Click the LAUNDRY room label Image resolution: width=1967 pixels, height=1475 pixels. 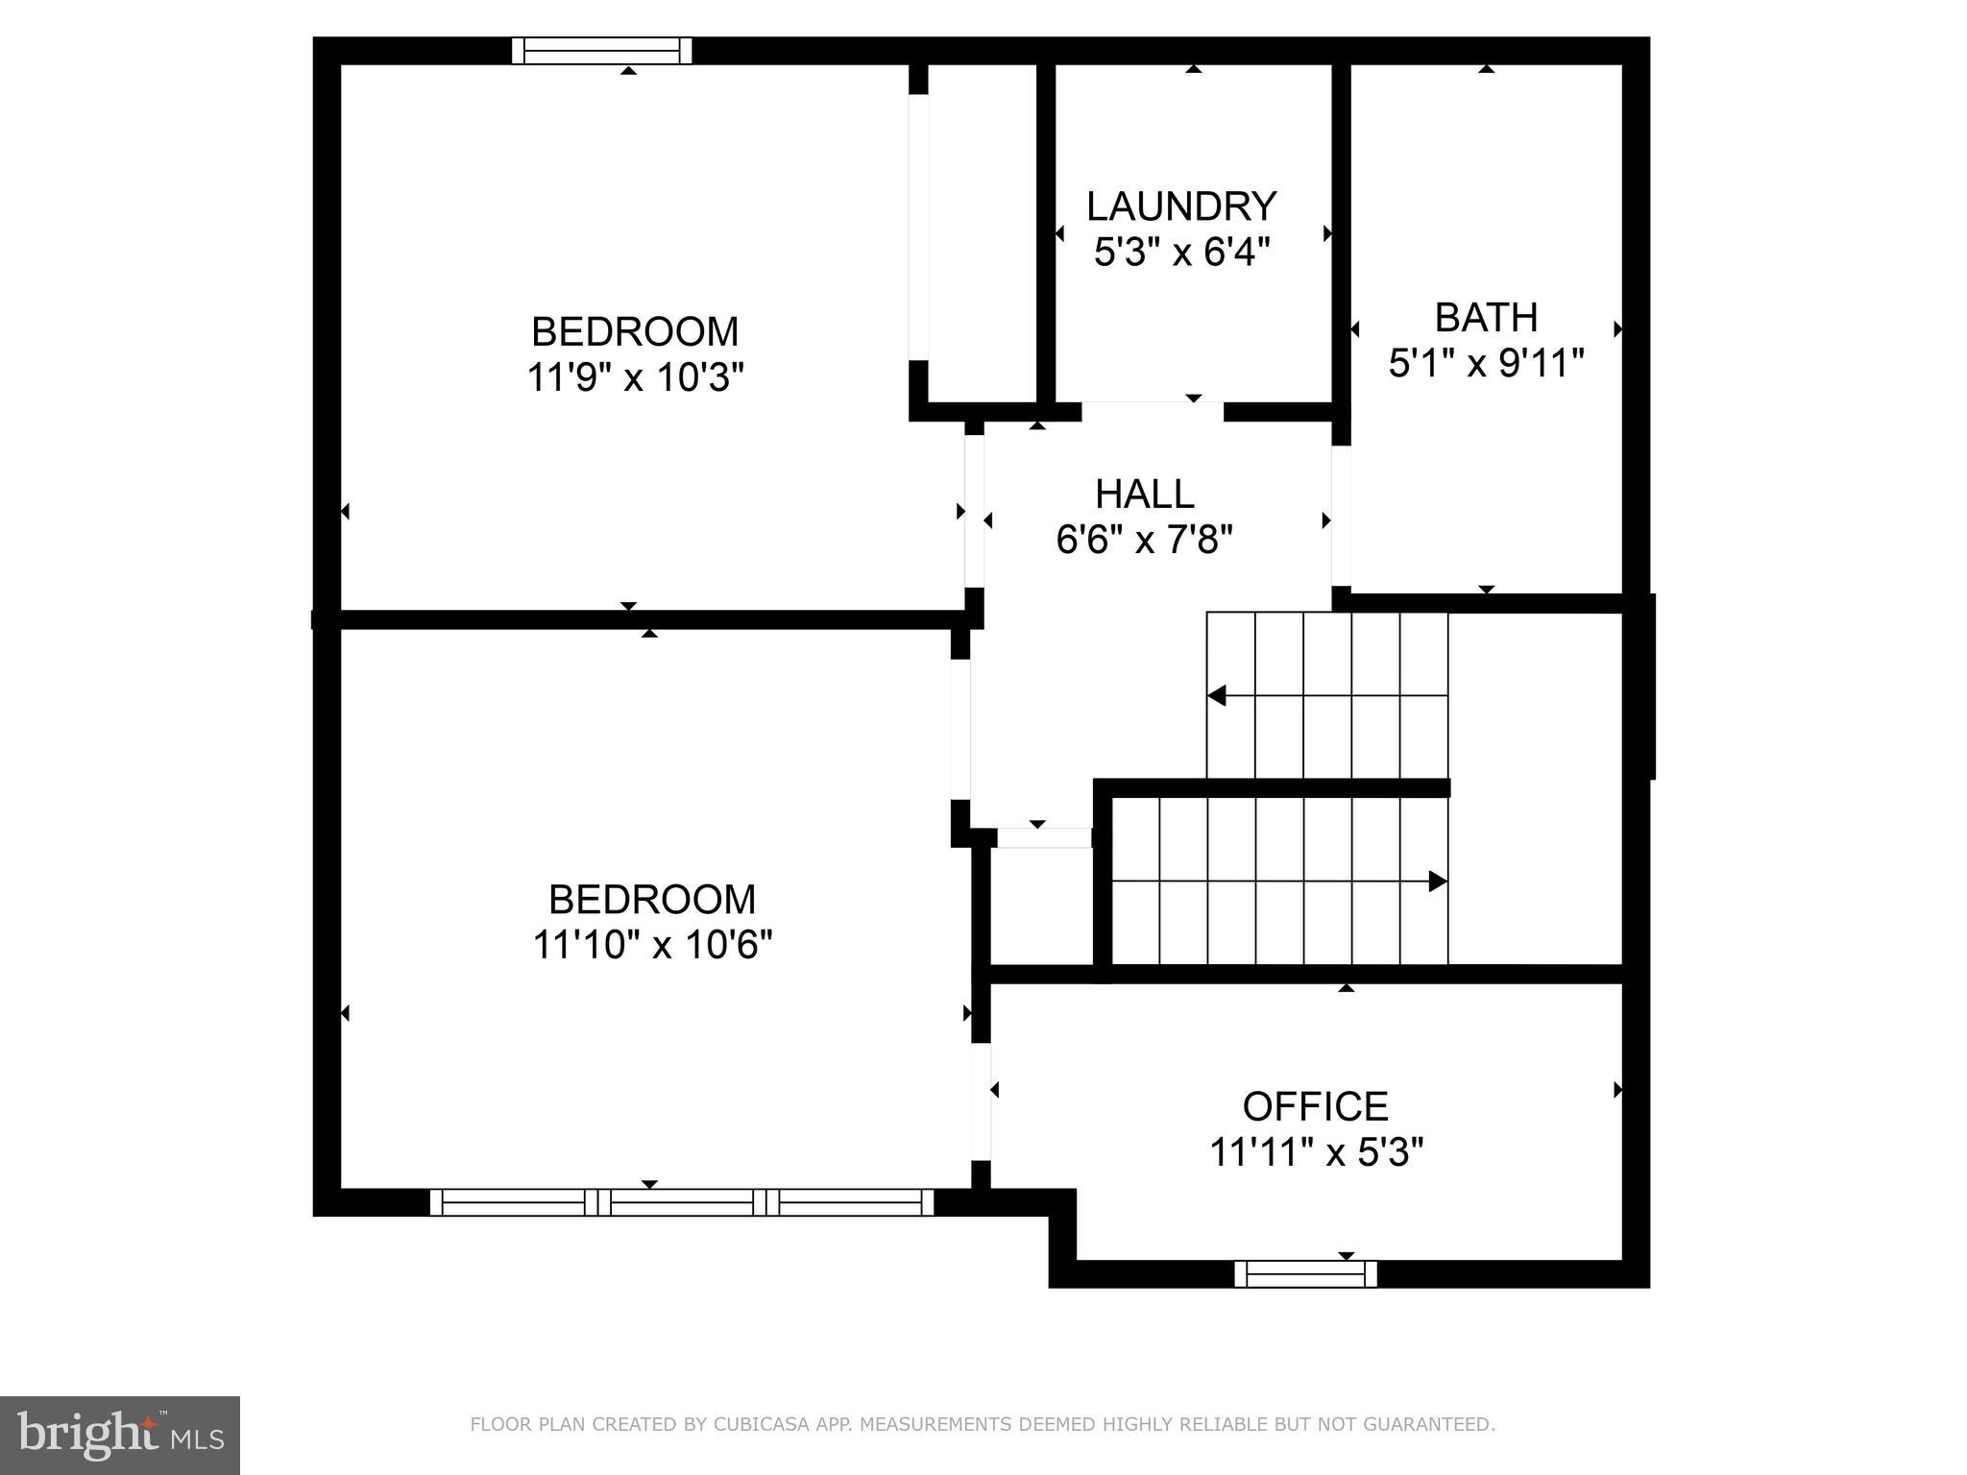coord(1181,206)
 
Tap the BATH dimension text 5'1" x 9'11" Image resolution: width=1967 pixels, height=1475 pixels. coord(1486,364)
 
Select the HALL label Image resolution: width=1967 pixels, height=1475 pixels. coord(1144,495)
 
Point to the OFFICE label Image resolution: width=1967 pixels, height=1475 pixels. coord(1315,1106)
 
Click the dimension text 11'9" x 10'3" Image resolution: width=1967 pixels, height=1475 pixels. coord(635,377)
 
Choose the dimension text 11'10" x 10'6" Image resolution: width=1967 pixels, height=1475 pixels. coord(652,945)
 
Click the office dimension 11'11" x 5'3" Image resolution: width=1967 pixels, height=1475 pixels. coord(1315,1152)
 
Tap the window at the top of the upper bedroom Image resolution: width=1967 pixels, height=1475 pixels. coord(601,50)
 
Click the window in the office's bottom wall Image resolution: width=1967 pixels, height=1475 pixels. coord(1305,1274)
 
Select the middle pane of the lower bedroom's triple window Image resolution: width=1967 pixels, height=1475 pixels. coord(682,1202)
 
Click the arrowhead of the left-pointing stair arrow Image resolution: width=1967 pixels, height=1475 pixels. coord(1217,695)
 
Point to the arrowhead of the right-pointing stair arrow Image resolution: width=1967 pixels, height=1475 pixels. coord(1438,881)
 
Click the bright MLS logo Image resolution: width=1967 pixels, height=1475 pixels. coord(119,1435)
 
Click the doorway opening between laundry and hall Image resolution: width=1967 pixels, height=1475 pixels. coord(1153,411)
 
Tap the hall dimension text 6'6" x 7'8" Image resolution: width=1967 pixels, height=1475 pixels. coord(1144,540)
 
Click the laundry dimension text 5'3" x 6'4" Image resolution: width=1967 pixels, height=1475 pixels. coord(1181,253)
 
